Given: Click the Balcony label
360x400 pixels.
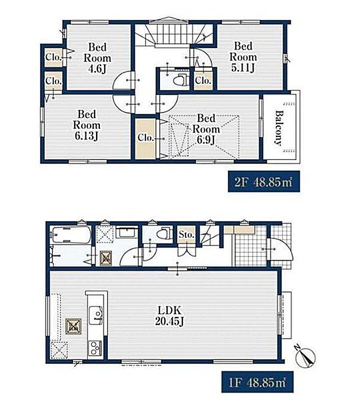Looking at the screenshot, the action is (279, 128).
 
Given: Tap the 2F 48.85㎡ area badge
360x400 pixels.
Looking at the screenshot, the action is (263, 182).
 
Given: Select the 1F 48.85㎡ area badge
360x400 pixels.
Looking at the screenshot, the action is (257, 382).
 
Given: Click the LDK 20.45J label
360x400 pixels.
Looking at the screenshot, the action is (169, 316).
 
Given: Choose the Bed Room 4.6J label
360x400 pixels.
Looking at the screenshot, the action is (97, 58).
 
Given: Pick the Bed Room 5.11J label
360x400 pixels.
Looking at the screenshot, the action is (243, 57).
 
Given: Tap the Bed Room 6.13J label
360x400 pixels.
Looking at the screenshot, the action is (86, 125).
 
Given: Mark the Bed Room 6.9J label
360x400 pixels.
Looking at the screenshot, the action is (206, 129).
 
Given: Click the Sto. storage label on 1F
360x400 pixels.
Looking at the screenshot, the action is (186, 234).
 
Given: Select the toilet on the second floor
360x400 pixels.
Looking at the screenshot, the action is (180, 80).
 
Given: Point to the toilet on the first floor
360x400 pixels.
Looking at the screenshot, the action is (163, 233).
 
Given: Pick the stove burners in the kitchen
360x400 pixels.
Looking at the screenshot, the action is (95, 348).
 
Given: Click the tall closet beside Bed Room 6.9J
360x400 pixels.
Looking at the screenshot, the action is (145, 138).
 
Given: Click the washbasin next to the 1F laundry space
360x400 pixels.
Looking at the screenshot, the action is (127, 232).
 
